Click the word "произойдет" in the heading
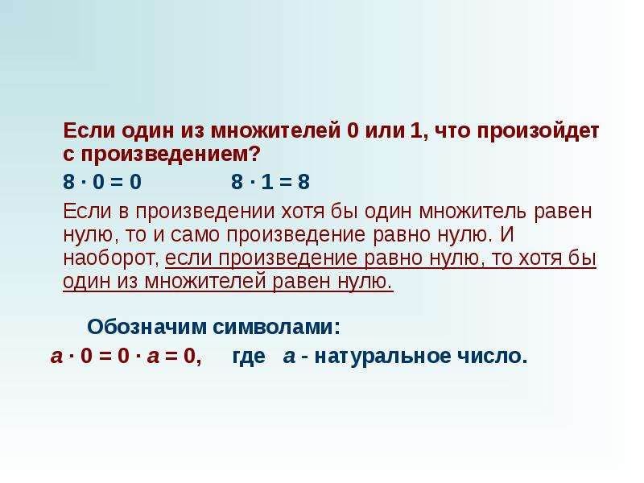[x=539, y=131]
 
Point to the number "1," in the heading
[x=419, y=131]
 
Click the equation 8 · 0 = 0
[x=102, y=182]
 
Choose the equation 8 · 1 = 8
[x=270, y=182]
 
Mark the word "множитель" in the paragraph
[x=473, y=212]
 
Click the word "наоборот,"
[x=111, y=258]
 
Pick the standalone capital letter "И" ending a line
[x=508, y=234]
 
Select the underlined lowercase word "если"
[x=189, y=258]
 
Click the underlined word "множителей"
[x=207, y=282]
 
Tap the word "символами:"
[x=277, y=327]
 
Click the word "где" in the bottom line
[x=249, y=357]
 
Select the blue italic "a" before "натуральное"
[x=289, y=357]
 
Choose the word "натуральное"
[x=383, y=357]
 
